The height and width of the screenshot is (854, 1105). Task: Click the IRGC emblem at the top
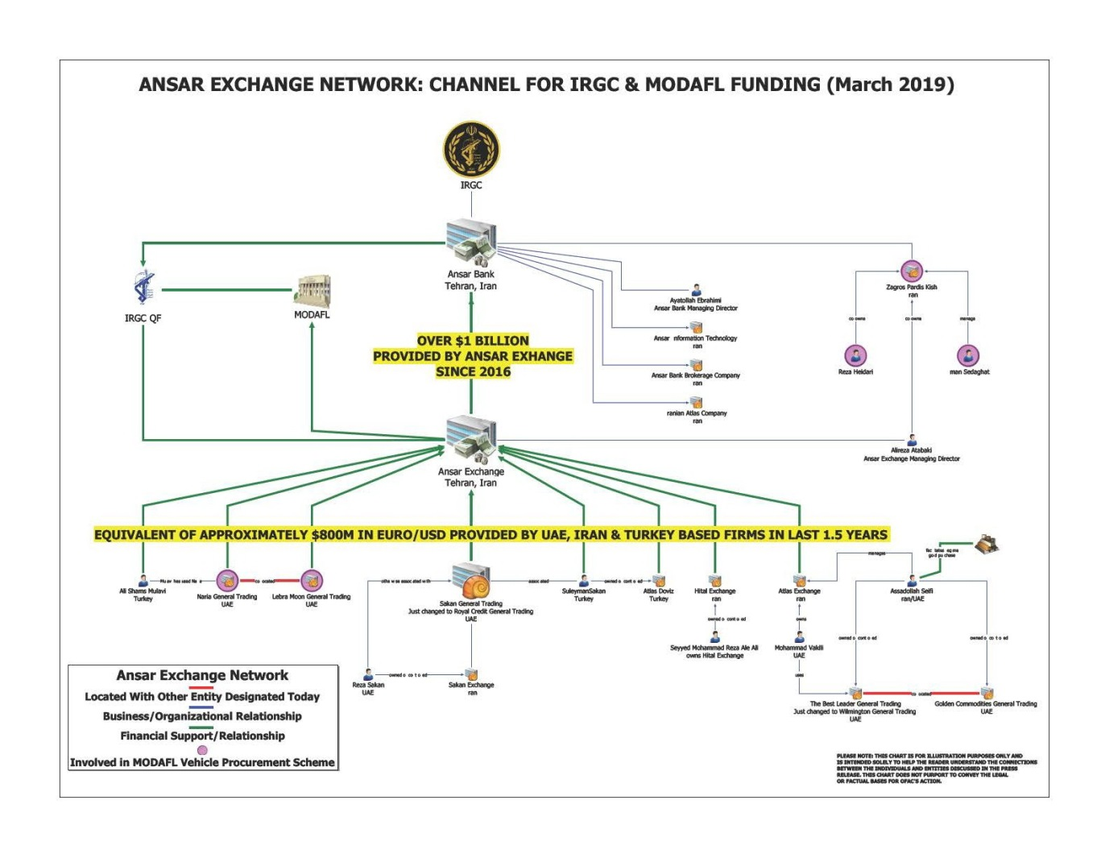(x=471, y=150)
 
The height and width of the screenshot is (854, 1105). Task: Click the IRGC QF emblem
(x=144, y=288)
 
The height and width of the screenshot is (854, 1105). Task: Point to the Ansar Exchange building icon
(x=472, y=440)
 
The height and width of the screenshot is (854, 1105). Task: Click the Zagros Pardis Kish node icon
(x=912, y=271)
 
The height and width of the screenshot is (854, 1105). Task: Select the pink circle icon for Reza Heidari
(x=855, y=355)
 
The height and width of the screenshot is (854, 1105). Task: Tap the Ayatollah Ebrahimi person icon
(x=697, y=290)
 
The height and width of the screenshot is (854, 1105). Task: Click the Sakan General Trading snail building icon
(x=471, y=580)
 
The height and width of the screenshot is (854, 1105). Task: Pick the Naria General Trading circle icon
(x=227, y=580)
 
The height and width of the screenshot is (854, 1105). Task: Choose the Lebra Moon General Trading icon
(x=312, y=580)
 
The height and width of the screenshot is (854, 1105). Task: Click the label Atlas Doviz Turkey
(x=659, y=595)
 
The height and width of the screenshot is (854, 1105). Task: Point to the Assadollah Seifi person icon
(x=912, y=581)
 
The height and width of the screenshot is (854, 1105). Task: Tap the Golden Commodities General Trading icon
(x=987, y=693)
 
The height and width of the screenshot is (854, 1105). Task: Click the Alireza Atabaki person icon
(x=912, y=441)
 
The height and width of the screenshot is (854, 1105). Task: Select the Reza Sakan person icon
(x=368, y=674)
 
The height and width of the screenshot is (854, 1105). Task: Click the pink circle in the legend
(x=202, y=749)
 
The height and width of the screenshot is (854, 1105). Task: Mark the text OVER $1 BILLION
(x=473, y=341)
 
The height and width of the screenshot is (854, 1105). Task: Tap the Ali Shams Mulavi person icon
(x=143, y=580)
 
